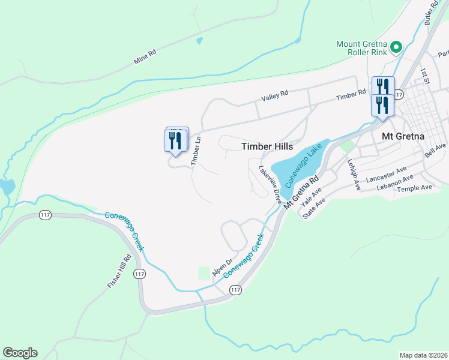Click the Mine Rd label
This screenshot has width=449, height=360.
145,57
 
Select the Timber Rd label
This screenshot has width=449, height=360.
351,95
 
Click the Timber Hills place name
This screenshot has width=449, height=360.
267,146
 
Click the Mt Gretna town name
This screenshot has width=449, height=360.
403,136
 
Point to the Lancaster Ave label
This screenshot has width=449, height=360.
387,174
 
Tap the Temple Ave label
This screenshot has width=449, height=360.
414,188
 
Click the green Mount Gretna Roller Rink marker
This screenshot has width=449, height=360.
396,47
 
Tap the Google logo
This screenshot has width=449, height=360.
20,353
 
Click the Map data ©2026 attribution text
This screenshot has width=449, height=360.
424,355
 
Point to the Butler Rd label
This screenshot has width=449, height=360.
432,13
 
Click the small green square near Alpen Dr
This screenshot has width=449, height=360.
204,273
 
